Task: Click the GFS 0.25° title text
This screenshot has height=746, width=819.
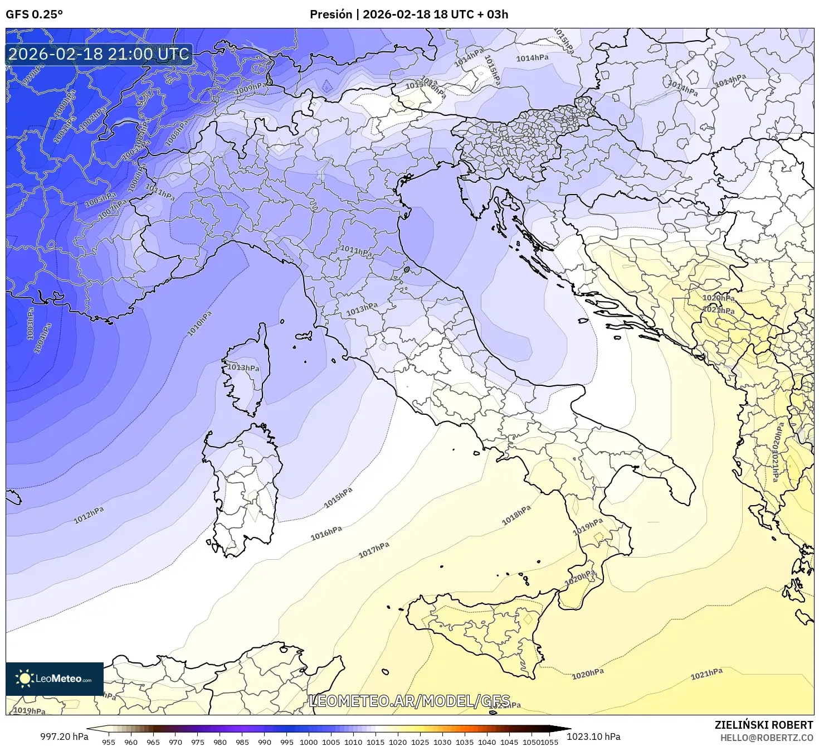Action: coord(34,14)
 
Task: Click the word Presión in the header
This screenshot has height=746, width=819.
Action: coord(331,14)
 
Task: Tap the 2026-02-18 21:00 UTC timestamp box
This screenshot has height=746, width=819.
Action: coord(99,54)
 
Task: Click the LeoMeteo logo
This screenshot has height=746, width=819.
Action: coord(55,679)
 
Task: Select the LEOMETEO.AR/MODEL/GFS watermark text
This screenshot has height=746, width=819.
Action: coord(409,701)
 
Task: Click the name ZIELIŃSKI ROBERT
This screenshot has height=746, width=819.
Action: coord(764,725)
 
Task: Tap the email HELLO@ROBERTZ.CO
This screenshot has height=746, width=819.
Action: coord(767,738)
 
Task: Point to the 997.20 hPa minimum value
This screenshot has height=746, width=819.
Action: coord(64,737)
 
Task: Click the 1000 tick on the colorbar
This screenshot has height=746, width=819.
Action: coord(309,742)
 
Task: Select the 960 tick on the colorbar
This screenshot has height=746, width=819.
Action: coord(131,742)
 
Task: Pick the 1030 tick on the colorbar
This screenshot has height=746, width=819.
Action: coord(442,742)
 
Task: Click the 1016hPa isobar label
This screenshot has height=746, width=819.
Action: coord(326,533)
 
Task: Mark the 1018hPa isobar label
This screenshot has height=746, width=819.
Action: coord(516,516)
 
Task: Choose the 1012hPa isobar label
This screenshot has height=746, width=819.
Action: coord(89,516)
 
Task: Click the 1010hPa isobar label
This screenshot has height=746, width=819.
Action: coord(199,324)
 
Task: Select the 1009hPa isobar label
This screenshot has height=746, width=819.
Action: coord(250,88)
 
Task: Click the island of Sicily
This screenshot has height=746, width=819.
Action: coord(479,630)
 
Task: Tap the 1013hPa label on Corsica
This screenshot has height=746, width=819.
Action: coord(243,368)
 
